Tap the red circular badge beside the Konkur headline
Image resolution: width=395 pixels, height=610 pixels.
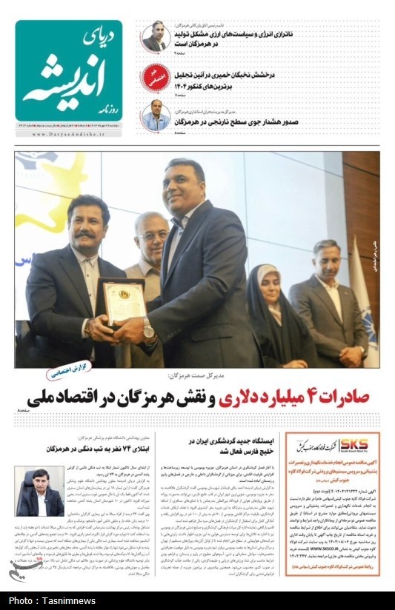[x=156, y=76]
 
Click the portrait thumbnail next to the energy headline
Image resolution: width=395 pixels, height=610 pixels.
[x=154, y=37]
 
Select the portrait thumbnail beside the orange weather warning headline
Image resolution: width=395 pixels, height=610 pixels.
[x=155, y=115]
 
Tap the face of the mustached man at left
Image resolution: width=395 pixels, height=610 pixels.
[x=87, y=222]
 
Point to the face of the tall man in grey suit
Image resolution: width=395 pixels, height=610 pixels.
[x=185, y=187]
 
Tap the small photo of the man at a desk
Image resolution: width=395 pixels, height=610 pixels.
[x=39, y=492]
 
